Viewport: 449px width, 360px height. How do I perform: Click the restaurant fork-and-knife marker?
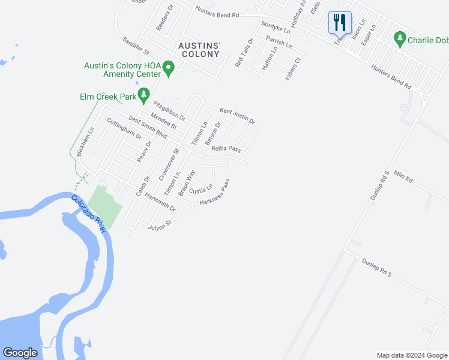(x=340, y=23)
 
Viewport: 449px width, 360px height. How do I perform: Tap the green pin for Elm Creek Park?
(x=143, y=94)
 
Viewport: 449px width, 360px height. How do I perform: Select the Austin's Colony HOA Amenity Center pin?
(x=169, y=68)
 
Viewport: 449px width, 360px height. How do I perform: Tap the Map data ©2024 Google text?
(x=411, y=355)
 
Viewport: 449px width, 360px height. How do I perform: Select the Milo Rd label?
(x=403, y=176)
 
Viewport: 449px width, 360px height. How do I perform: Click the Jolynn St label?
(x=160, y=223)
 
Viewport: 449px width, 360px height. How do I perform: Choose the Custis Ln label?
(x=201, y=190)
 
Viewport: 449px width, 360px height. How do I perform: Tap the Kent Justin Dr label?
(x=238, y=116)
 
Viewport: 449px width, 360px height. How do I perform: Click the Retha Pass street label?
(x=226, y=149)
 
